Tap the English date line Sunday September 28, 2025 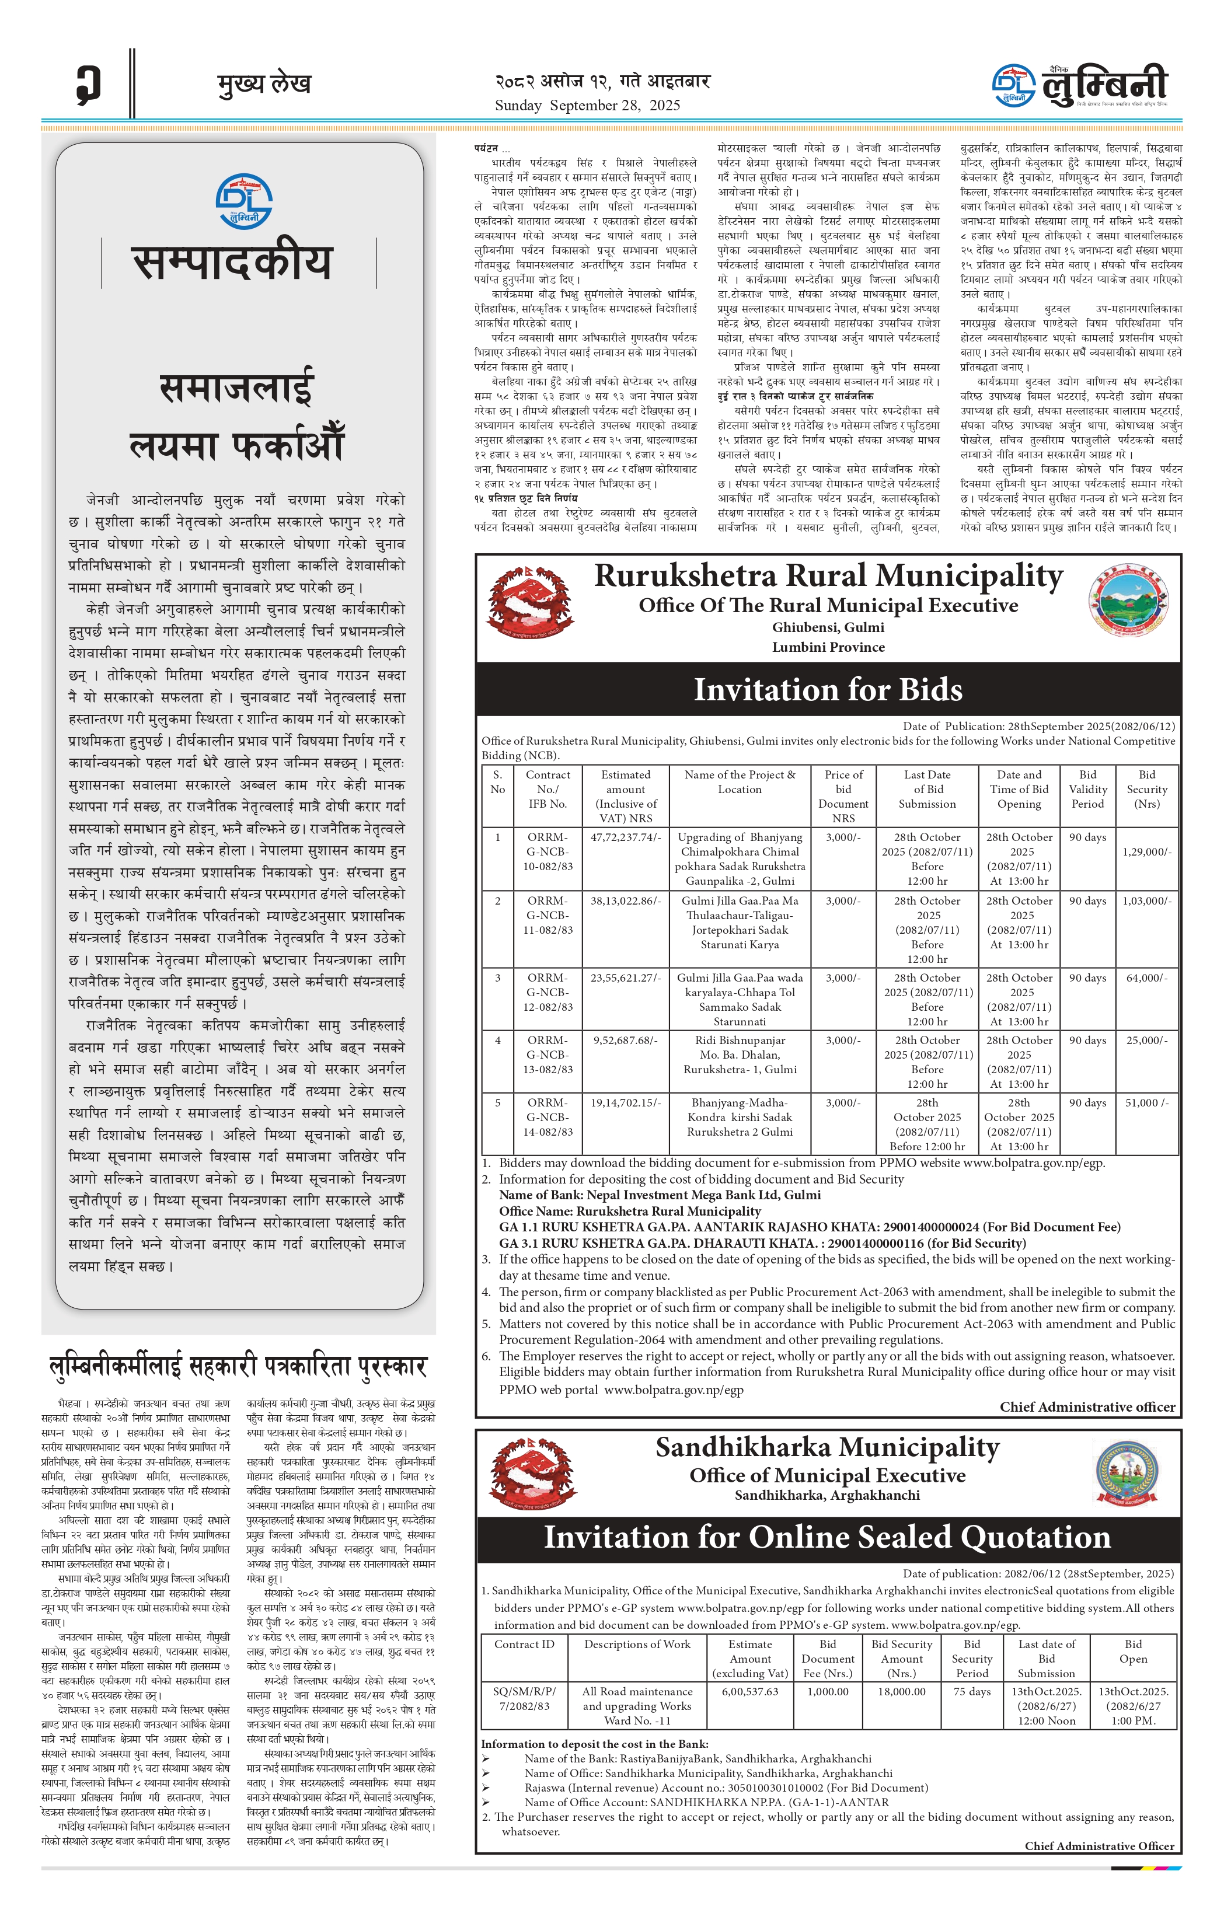click(x=587, y=106)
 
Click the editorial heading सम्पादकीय click(x=232, y=263)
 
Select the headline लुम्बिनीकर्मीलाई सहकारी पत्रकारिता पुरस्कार click(x=238, y=1366)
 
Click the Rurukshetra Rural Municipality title click(x=828, y=576)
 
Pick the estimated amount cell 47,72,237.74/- click(x=625, y=837)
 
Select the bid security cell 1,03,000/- click(x=1146, y=901)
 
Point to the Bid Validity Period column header click(x=1087, y=789)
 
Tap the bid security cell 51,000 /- click(x=1146, y=1102)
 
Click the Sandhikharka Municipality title click(x=828, y=1447)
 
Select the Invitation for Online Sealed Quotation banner click(x=828, y=1537)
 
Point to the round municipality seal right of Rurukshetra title click(x=1128, y=601)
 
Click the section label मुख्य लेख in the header click(x=264, y=83)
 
